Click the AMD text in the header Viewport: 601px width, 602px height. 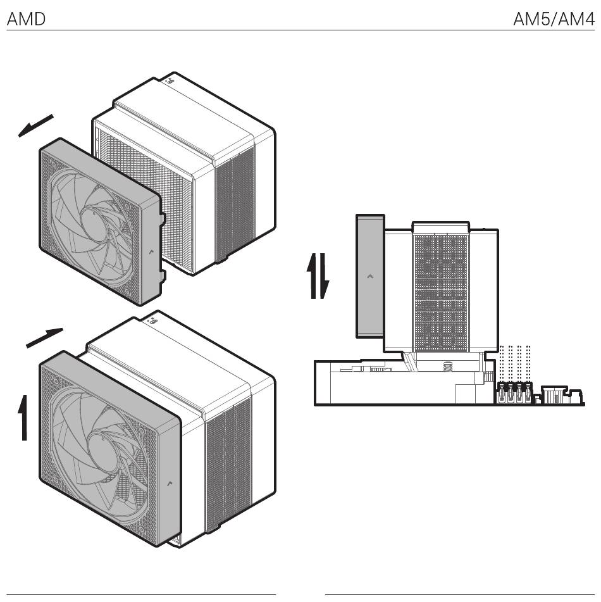26,19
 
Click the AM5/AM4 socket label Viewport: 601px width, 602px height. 554,19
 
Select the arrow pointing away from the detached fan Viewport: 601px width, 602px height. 35,125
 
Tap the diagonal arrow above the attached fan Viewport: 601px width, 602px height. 44,338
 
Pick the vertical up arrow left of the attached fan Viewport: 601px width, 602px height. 24,418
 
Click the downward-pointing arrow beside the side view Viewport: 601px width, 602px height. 325,276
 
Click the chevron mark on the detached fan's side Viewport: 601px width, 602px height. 151,252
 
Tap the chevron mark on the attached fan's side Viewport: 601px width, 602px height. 170,484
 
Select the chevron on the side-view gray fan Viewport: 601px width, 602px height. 370,276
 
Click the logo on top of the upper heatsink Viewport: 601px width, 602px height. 169,80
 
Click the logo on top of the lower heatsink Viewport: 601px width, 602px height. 152,320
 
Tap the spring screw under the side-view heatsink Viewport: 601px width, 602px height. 447,367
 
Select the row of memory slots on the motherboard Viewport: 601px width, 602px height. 515,392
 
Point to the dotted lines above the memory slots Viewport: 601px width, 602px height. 515,363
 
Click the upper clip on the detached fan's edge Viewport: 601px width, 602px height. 163,218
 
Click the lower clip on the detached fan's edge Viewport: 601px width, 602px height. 163,276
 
